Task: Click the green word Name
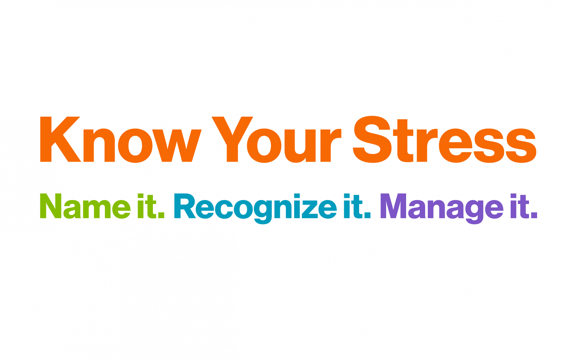[x=85, y=207]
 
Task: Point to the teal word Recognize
[x=255, y=207]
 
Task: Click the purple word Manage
[x=442, y=207]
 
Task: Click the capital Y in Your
[x=232, y=139]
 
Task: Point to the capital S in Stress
[x=372, y=139]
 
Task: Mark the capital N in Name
[x=51, y=206]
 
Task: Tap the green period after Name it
[x=161, y=215]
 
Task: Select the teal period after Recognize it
[x=367, y=215]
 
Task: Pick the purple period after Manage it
[x=534, y=215]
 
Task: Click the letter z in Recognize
[x=310, y=209]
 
